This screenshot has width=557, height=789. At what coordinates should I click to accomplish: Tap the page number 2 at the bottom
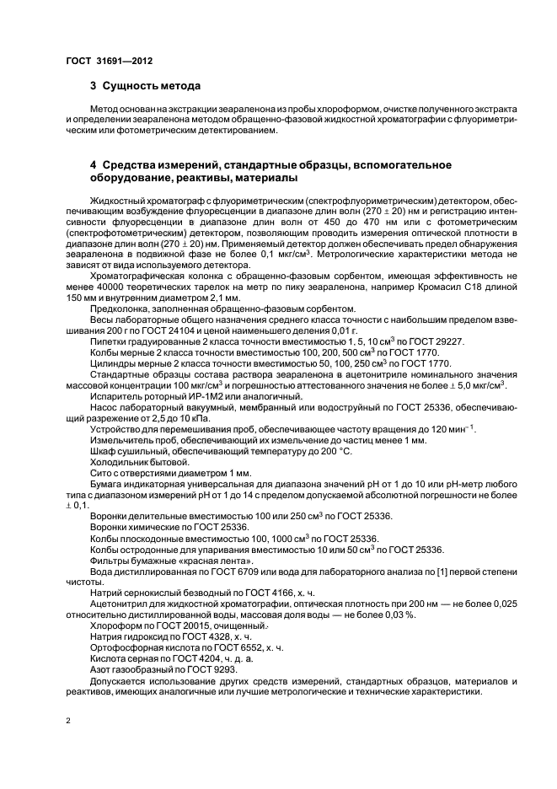[x=68, y=722]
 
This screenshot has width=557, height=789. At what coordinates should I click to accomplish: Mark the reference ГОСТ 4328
[x=197, y=636]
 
